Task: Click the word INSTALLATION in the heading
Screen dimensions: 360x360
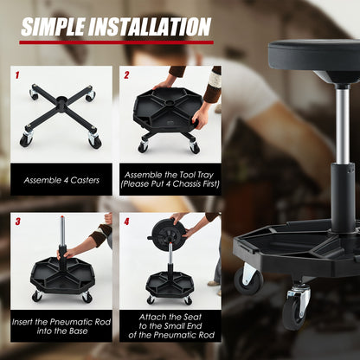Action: tap(153, 27)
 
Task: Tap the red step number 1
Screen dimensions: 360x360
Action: tap(17, 75)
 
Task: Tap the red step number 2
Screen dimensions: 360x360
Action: tap(126, 75)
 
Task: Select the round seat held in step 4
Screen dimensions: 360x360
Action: tap(167, 233)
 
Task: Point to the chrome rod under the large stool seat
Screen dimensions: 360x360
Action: tap(341, 121)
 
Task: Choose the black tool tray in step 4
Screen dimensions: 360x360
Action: tap(170, 283)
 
